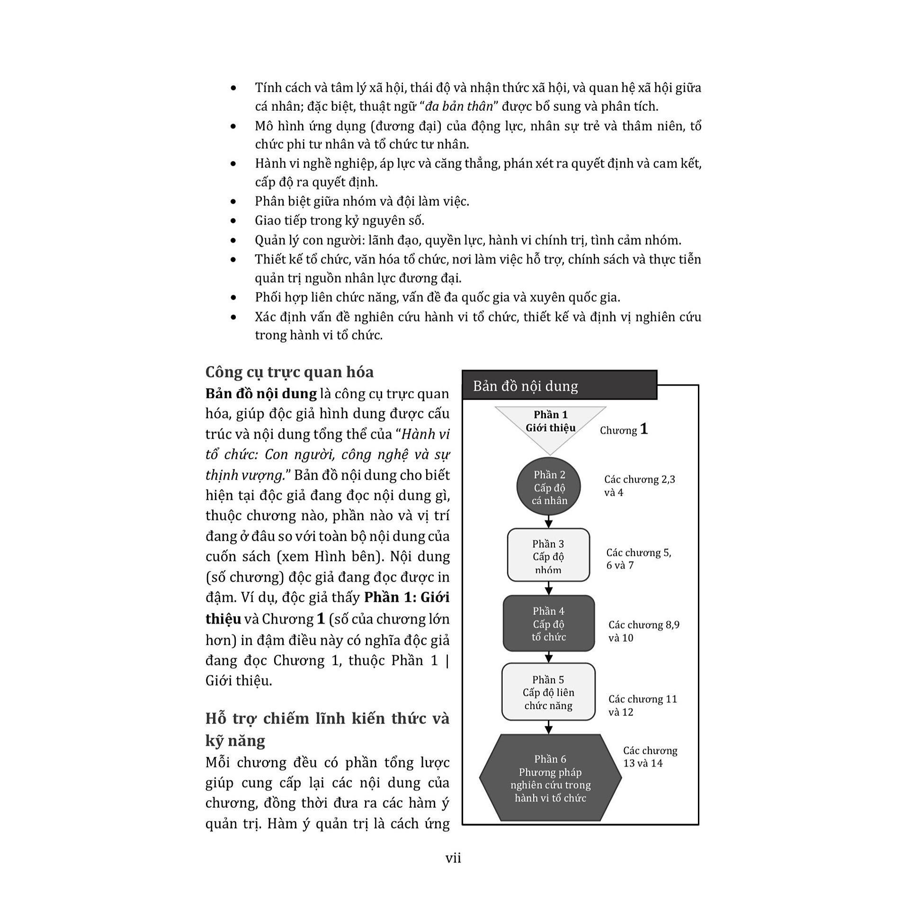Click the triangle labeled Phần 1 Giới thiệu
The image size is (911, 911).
coord(550,424)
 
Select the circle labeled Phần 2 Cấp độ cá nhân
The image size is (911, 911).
coord(549,487)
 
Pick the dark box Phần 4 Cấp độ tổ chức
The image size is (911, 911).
coord(548,624)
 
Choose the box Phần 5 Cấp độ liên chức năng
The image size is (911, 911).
coord(548,692)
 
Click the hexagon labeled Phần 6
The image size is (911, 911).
coord(550,778)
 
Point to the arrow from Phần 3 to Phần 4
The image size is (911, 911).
coord(548,589)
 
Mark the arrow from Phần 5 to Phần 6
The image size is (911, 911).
coord(548,727)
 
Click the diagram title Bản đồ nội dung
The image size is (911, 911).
coord(525,386)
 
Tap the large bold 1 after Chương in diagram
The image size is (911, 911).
coord(643,429)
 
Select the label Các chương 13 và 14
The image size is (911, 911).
coord(650,757)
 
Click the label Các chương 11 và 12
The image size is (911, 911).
coord(643,706)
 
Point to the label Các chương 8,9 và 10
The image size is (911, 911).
coord(643,631)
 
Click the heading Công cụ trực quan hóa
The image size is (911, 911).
coord(289,372)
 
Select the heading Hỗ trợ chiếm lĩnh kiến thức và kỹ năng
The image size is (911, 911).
coord(327,729)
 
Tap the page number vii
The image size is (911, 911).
coord(453,858)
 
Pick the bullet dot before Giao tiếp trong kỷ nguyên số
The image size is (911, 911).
coord(233,221)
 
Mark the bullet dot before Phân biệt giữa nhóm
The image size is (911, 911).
coord(233,202)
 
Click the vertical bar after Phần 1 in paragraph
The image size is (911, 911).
coord(447,661)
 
